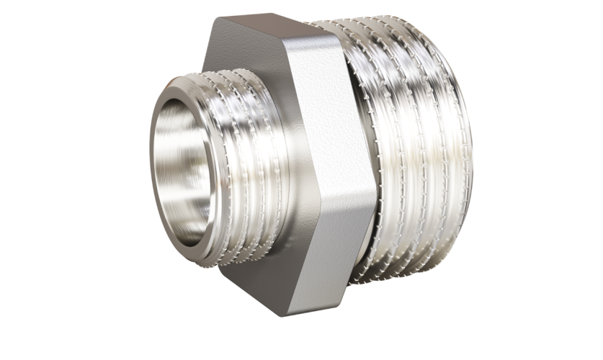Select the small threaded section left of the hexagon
(x=238, y=166)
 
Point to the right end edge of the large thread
(x=468, y=166)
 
